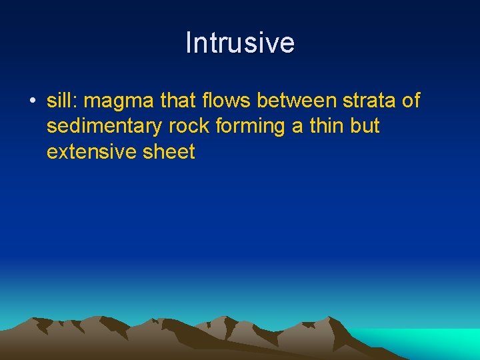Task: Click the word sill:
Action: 63,101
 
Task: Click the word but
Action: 366,126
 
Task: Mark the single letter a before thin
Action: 297,127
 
